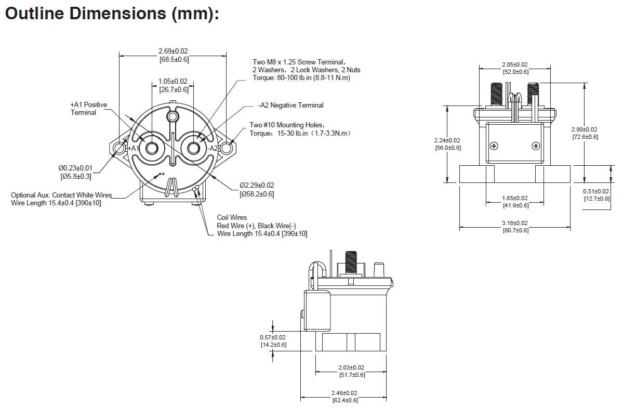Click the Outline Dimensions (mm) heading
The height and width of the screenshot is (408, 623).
112,14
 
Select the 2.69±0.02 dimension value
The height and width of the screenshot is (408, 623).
173,51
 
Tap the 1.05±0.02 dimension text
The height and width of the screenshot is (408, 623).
173,82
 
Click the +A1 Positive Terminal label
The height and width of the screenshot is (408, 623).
89,109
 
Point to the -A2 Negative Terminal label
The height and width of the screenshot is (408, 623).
291,106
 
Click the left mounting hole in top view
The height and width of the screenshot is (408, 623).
119,149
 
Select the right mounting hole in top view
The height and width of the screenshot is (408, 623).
227,149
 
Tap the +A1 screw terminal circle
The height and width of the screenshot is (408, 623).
151,149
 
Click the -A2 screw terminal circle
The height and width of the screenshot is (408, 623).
193,149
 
